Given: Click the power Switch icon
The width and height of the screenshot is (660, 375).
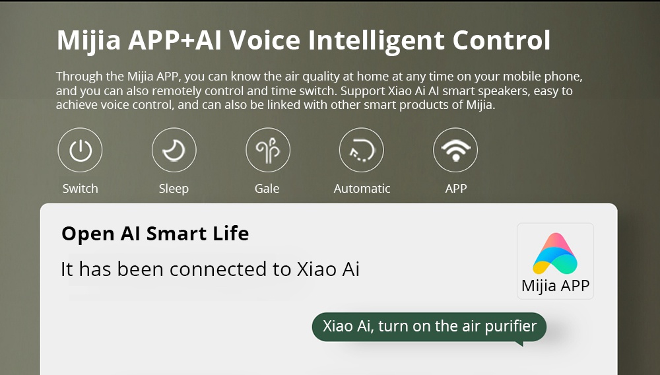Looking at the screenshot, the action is [x=80, y=150].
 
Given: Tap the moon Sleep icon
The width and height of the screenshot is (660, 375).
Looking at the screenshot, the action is [x=174, y=150].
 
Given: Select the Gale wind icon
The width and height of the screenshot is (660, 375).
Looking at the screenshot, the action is [x=268, y=150].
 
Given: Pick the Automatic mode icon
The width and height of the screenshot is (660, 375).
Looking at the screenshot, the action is [x=362, y=150].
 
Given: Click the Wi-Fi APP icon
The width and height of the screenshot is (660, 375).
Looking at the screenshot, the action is [x=455, y=150].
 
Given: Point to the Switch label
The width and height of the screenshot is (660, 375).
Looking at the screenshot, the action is [x=80, y=189].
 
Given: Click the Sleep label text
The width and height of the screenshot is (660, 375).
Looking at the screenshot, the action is [x=174, y=189].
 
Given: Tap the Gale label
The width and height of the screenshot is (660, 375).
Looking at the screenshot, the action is [x=267, y=189].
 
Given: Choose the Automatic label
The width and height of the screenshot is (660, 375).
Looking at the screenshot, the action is [x=362, y=189].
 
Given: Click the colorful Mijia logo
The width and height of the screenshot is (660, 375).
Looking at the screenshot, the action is [x=555, y=254].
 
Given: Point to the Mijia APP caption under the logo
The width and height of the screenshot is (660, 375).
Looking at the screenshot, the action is [x=555, y=286].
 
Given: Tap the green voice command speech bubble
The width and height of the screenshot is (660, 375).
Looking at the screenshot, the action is [x=430, y=327].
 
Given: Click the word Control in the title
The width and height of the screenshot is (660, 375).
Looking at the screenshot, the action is [x=502, y=40].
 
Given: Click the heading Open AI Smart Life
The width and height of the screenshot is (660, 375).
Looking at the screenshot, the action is [x=155, y=234].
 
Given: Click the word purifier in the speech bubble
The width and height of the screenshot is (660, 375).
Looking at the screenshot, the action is [x=511, y=327].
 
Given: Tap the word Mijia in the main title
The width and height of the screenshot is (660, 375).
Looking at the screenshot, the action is [x=88, y=41].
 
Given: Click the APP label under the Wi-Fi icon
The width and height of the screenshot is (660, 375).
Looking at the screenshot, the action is [x=456, y=189].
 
